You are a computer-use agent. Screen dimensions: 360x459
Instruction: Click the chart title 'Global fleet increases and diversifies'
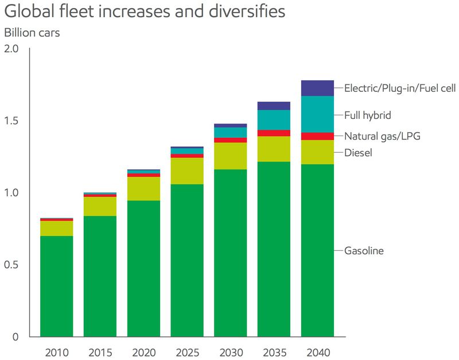pyautogui.click(x=145, y=11)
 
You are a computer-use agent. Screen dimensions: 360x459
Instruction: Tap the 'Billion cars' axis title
pyautogui.click(x=32, y=33)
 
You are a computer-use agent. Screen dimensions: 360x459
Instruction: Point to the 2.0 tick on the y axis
pyautogui.click(x=12, y=49)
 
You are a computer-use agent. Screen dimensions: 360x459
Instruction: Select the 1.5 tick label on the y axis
pyautogui.click(x=12, y=121)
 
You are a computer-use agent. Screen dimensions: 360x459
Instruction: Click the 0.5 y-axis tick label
pyautogui.click(x=12, y=265)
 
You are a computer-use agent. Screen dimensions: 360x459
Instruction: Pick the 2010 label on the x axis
pyautogui.click(x=56, y=350)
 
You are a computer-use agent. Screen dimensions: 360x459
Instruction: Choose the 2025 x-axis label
pyautogui.click(x=187, y=350)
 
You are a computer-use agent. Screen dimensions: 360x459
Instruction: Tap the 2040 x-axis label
pyautogui.click(x=317, y=350)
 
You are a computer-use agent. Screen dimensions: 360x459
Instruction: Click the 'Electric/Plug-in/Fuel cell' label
pyautogui.click(x=399, y=88)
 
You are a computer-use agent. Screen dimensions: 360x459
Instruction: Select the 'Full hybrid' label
pyautogui.click(x=367, y=115)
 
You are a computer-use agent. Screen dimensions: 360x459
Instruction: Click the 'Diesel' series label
pyautogui.click(x=358, y=153)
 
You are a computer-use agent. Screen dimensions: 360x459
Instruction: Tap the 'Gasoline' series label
pyautogui.click(x=364, y=251)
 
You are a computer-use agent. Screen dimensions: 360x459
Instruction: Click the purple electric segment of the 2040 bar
pyautogui.click(x=317, y=88)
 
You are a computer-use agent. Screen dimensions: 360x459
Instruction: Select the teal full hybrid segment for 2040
pyautogui.click(x=317, y=114)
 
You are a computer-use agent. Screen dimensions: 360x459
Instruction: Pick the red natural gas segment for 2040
pyautogui.click(x=317, y=136)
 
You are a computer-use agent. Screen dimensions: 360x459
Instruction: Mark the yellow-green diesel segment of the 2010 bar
pyautogui.click(x=56, y=229)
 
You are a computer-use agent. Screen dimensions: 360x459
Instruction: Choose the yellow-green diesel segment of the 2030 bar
pyautogui.click(x=230, y=156)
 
